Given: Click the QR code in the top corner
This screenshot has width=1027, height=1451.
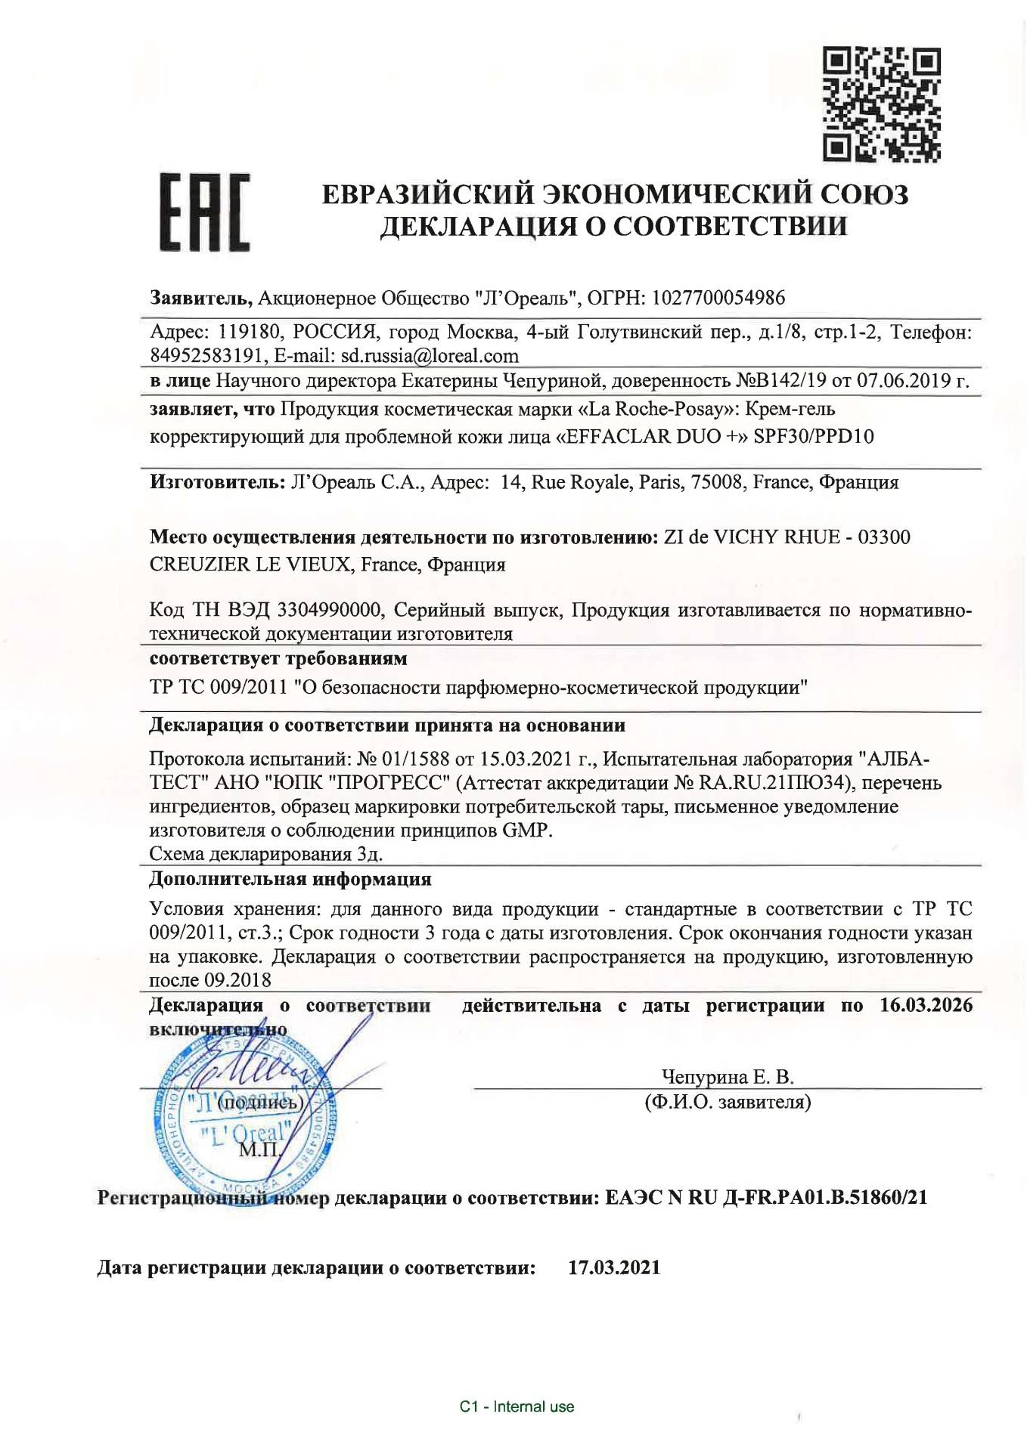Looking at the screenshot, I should [883, 104].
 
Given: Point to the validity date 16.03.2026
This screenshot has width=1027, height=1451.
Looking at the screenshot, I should [926, 1005].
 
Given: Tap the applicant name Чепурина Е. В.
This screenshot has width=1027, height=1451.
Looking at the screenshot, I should [728, 1077].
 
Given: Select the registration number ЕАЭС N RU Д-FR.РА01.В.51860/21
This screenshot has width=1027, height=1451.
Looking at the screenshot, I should [766, 1198].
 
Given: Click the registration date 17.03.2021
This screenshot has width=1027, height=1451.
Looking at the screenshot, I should [614, 1267].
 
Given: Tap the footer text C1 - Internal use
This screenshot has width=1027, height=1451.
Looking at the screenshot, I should [517, 1406].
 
